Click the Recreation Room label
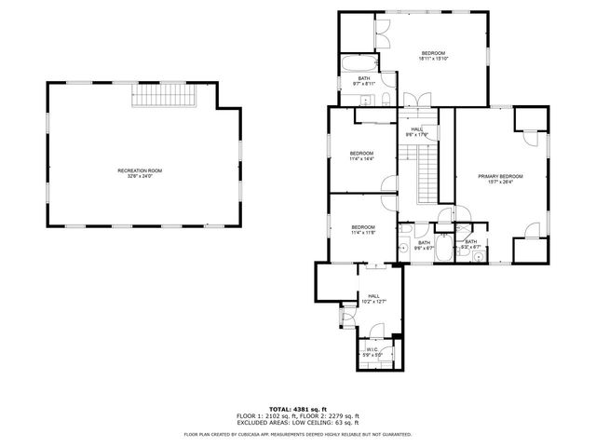click(x=140, y=170)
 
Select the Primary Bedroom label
click(x=500, y=176)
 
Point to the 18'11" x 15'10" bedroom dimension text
click(x=434, y=59)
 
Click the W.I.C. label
click(x=372, y=350)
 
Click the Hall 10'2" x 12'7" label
click(x=372, y=297)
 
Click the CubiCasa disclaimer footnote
click(x=298, y=434)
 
